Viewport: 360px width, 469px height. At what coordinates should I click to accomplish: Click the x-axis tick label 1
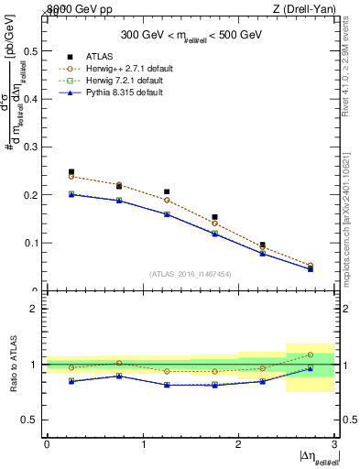143,444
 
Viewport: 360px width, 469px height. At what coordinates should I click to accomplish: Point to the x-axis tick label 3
334,444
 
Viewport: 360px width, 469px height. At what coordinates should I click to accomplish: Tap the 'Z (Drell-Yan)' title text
310,9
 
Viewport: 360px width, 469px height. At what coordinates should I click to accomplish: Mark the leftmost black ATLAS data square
71,172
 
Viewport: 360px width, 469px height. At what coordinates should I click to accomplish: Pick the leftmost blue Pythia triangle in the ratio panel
71,381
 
